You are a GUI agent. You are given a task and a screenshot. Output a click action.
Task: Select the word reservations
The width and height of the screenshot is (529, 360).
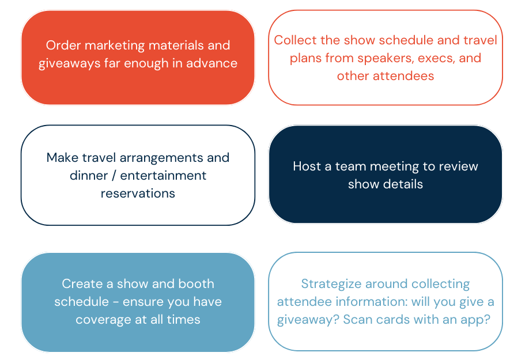click(138, 194)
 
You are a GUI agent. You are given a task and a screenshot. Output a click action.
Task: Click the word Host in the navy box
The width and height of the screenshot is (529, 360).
click(307, 166)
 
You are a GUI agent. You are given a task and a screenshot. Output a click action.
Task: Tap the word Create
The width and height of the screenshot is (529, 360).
click(81, 284)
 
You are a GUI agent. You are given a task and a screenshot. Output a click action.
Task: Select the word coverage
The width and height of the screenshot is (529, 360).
click(102, 320)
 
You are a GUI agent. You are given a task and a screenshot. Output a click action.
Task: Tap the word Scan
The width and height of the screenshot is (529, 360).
click(358, 320)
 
